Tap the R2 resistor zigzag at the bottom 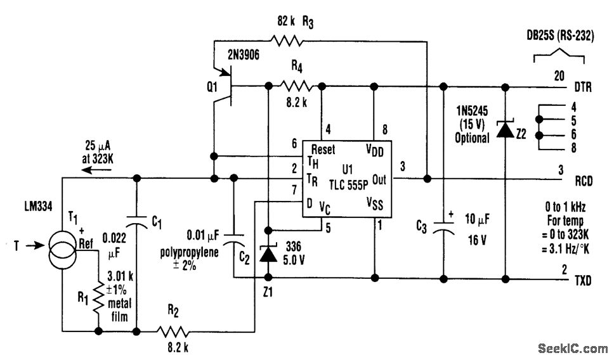pos(173,332)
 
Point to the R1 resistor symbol pos(98,298)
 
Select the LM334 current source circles pos(62,248)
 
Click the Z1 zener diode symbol pos(268,254)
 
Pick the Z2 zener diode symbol pos(505,129)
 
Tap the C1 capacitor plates pos(136,221)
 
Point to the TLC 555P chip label pos(348,184)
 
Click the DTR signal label pos(583,87)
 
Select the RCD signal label pos(584,181)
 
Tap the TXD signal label pos(583,281)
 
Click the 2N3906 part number pos(244,55)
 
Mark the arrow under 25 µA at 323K pos(96,170)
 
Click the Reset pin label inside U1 pos(323,149)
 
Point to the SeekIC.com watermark pos(573,347)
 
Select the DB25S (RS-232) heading pos(560,35)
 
